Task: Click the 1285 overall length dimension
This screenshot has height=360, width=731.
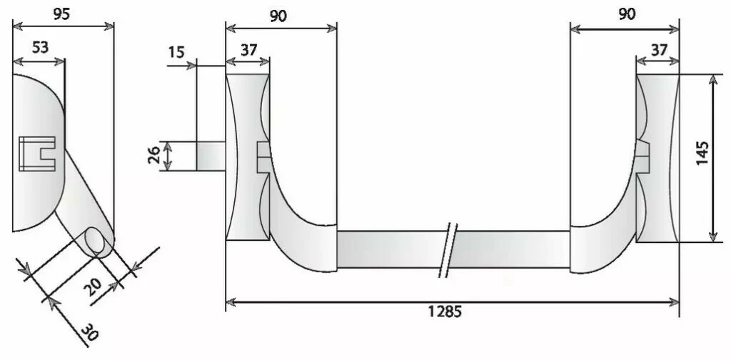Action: point(445,311)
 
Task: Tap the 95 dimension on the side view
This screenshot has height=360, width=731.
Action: point(62,14)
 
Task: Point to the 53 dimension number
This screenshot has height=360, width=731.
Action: point(41,48)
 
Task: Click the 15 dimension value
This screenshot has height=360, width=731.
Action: point(176,53)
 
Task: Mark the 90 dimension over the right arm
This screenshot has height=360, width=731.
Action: point(626,15)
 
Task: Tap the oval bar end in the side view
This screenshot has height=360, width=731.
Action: point(97,242)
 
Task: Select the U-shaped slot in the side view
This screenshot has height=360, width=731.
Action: point(36,154)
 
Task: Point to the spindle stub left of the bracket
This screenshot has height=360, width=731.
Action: point(211,156)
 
